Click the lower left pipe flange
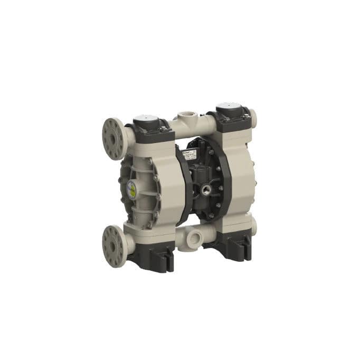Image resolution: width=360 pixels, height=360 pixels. pos(112,245)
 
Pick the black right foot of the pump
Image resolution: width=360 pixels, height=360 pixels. pos(234,247)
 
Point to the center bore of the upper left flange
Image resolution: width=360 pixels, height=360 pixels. pos(112,138)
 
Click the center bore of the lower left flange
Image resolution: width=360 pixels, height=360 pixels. pos(111,246)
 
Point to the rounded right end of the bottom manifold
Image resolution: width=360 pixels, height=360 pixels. pos(253,227)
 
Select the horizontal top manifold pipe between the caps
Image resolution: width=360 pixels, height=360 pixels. pos(193,125)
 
